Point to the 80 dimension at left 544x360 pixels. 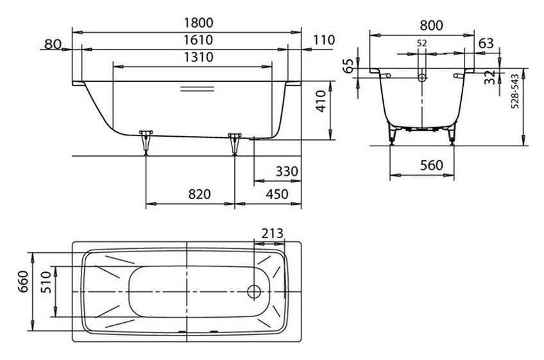[54, 44]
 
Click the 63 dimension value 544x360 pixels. [486, 44]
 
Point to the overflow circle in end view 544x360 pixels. [421, 78]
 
